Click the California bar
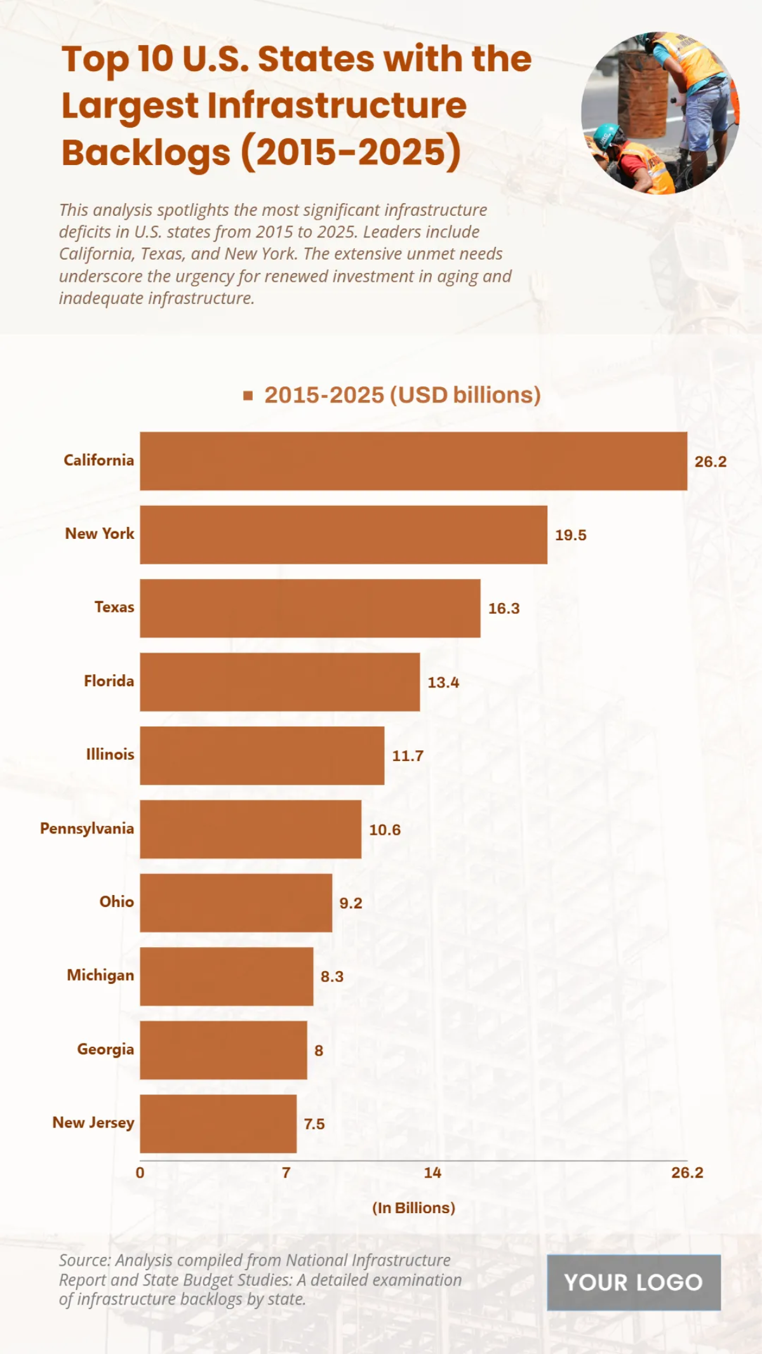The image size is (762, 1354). click(413, 461)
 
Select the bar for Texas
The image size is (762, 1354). click(310, 608)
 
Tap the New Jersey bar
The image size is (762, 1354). click(218, 1124)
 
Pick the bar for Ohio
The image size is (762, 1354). click(236, 903)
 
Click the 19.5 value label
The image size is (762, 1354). click(570, 535)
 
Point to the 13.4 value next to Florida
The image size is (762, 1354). click(443, 682)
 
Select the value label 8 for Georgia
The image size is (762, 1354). click(319, 1051)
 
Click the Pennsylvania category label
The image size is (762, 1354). click(87, 828)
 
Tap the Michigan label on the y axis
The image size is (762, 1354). click(100, 975)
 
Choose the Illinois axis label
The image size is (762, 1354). click(110, 754)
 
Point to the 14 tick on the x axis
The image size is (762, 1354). click(432, 1172)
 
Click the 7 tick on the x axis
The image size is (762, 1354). click(286, 1172)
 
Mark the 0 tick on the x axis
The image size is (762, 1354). click(140, 1172)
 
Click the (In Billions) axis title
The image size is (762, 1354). click(413, 1207)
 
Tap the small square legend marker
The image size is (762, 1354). click(248, 395)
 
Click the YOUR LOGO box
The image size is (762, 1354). click(633, 1282)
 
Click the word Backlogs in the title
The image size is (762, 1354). click(145, 153)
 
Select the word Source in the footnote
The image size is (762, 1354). click(85, 1260)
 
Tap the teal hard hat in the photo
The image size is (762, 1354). click(606, 135)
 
